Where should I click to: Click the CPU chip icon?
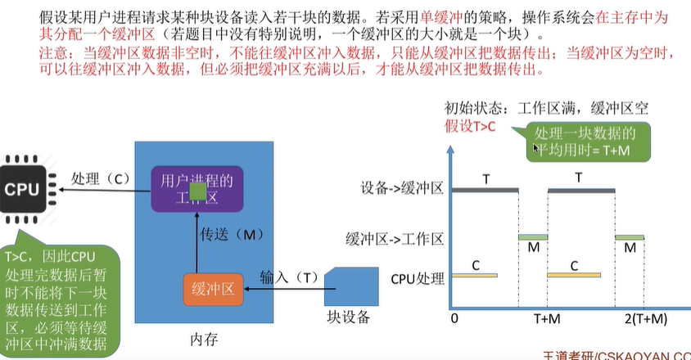click(23, 189)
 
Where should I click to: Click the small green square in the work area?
click(196, 191)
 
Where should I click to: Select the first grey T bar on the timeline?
click(485, 190)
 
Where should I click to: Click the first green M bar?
click(533, 237)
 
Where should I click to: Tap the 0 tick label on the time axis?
click(454, 318)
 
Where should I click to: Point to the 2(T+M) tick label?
click(645, 318)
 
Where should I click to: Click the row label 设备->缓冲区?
click(403, 190)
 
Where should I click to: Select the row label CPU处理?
click(417, 278)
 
